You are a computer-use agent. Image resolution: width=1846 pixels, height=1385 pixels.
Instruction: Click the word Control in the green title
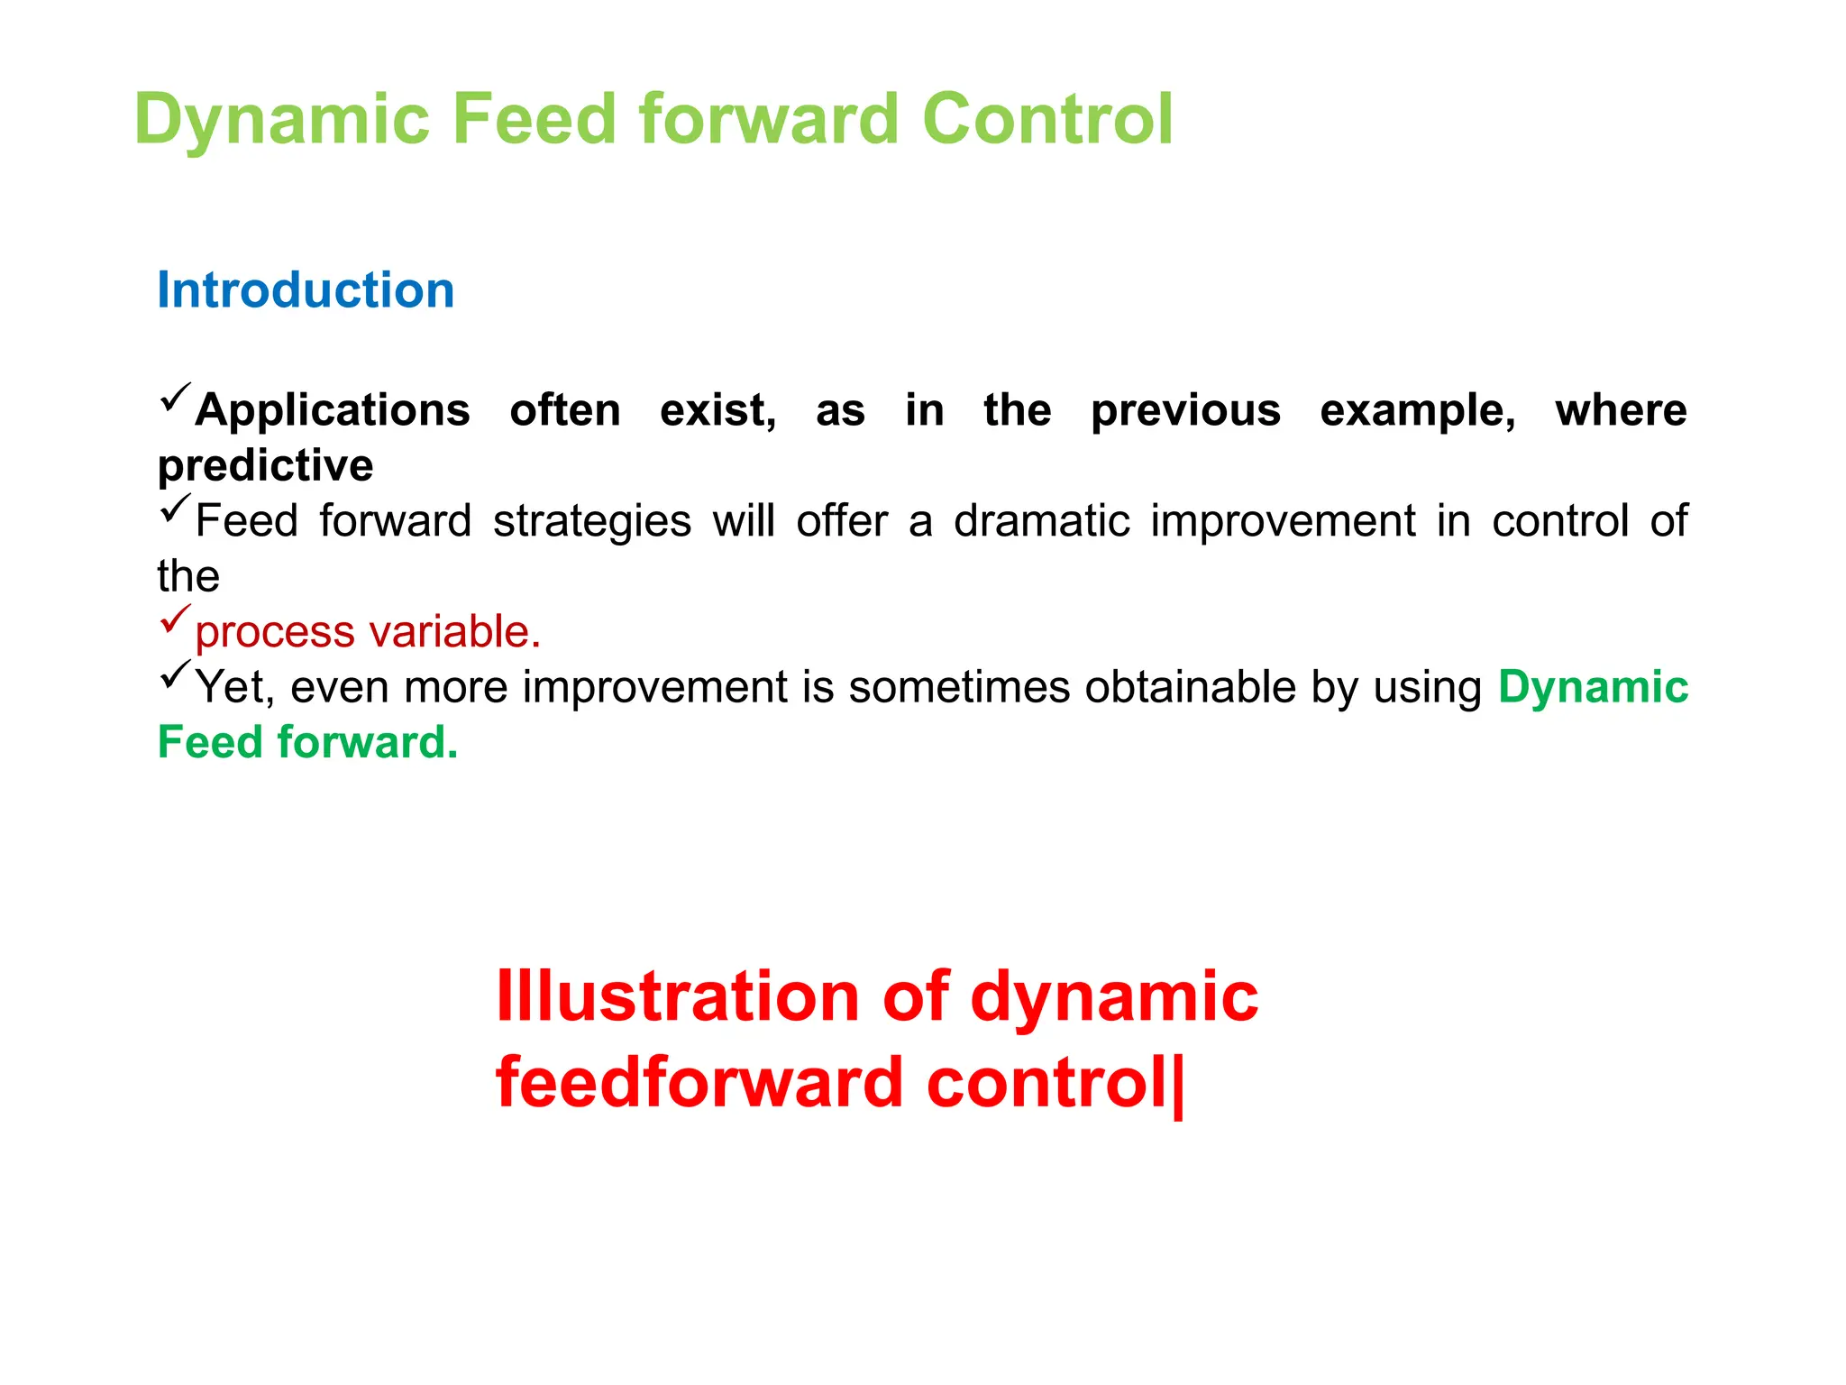point(1047,119)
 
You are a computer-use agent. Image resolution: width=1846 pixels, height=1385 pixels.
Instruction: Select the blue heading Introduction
point(306,290)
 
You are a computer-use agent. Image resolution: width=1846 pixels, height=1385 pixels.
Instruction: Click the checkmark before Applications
point(175,398)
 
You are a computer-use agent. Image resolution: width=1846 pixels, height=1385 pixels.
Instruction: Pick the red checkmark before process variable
point(175,619)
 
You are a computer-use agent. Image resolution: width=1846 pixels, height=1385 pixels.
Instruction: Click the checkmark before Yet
point(175,674)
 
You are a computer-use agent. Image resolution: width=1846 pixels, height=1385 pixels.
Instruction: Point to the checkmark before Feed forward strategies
point(175,509)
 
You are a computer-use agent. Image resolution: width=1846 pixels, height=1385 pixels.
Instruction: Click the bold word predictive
point(265,466)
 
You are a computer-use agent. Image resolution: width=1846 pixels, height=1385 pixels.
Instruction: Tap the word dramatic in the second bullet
point(1041,521)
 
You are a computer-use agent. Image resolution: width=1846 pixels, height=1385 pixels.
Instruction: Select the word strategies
point(592,521)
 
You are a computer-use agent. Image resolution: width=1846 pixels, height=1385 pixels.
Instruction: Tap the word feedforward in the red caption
point(699,1082)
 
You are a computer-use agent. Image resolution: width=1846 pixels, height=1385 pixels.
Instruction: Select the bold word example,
point(1417,411)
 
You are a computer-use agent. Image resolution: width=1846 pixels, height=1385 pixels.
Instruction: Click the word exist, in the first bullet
point(717,411)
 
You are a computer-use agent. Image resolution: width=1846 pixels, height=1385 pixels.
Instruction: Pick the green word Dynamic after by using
point(1593,687)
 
